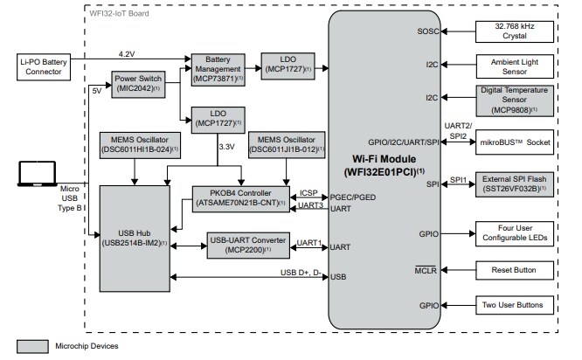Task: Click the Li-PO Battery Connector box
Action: coord(41,66)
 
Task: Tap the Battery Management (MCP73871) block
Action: coord(218,66)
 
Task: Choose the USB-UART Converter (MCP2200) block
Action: coord(248,243)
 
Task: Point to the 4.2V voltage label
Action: coord(127,54)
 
